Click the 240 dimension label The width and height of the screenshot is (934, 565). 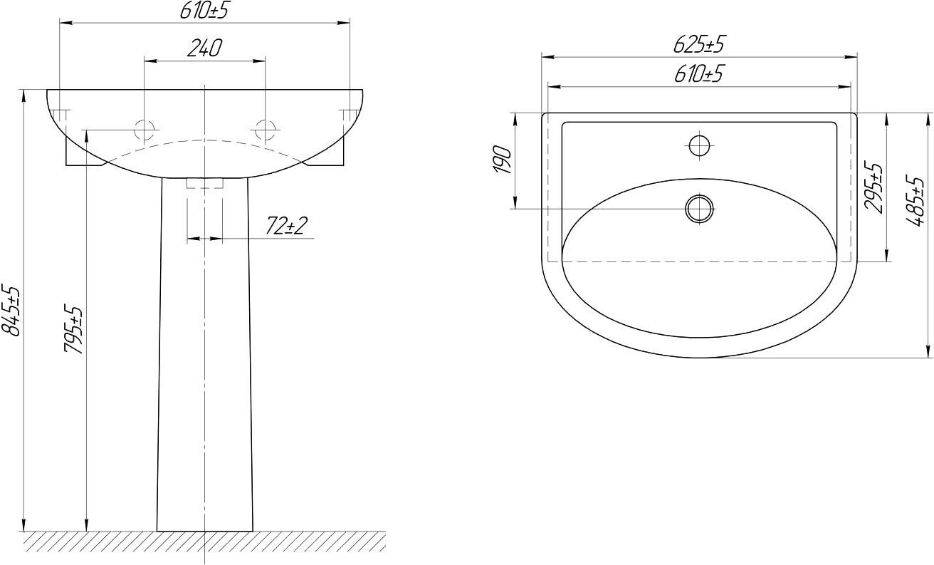[x=204, y=48]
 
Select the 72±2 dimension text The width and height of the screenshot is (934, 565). [x=286, y=226]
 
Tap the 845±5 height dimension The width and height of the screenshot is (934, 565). [x=11, y=311]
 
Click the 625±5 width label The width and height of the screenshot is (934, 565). [x=699, y=44]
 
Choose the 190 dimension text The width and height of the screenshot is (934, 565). [x=503, y=160]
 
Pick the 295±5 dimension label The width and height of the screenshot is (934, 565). [x=873, y=187]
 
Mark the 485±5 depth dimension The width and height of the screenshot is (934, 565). [x=915, y=201]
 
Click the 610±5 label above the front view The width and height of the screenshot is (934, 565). [x=204, y=11]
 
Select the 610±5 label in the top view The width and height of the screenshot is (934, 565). [x=699, y=73]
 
